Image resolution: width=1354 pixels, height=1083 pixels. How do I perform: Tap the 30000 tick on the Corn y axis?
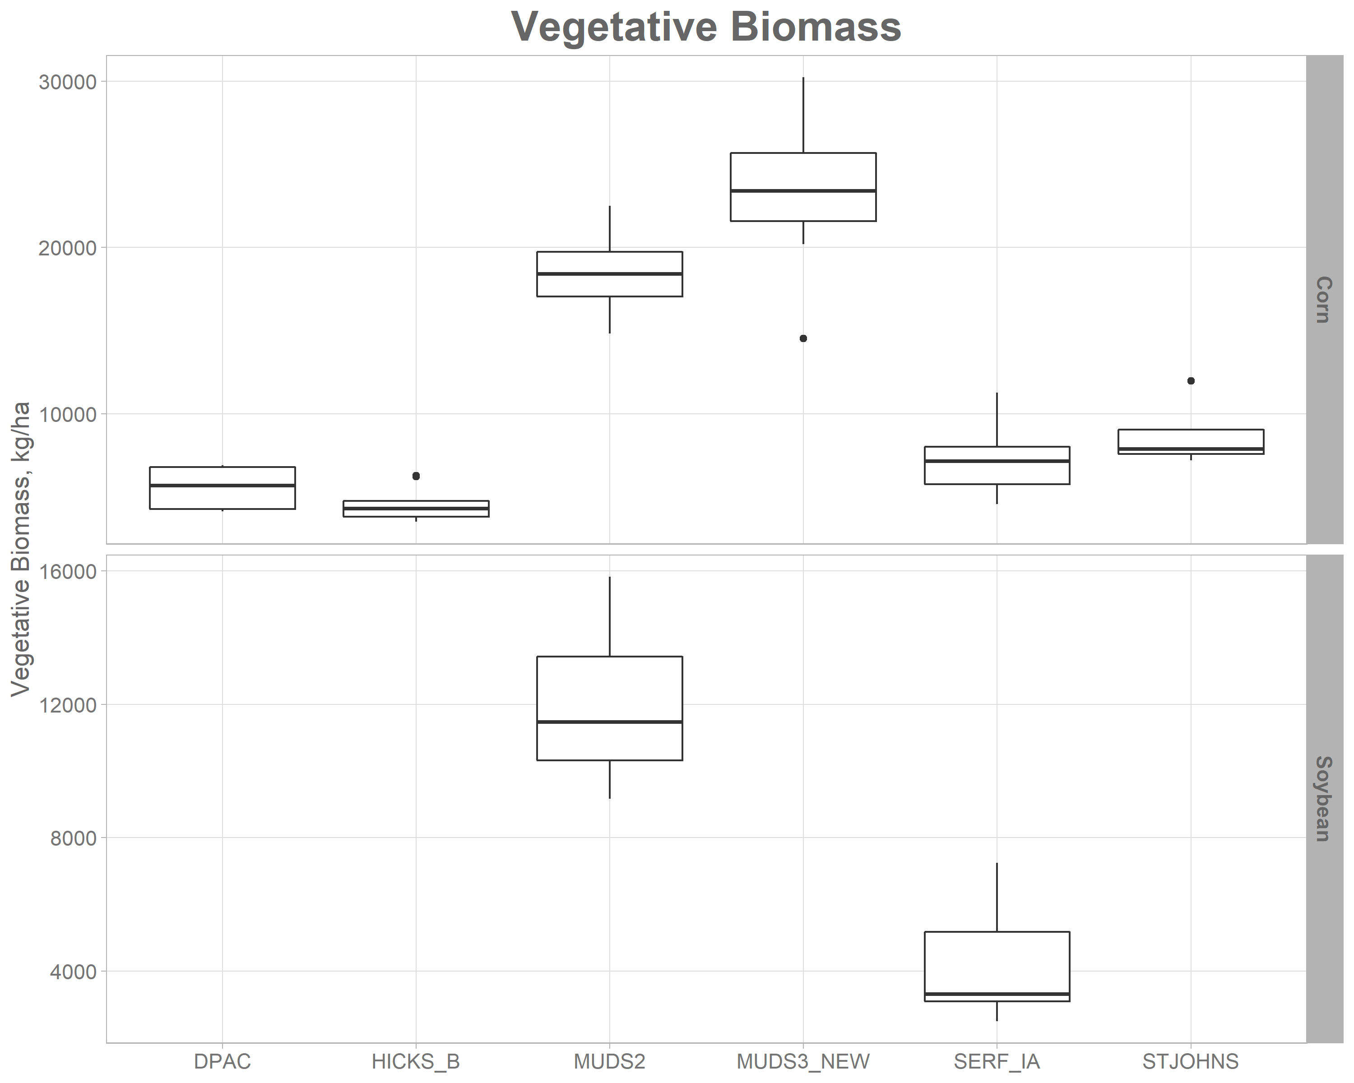click(x=67, y=82)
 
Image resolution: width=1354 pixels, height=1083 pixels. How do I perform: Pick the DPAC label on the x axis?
click(x=223, y=1062)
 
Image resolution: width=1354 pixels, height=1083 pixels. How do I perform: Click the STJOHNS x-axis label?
click(x=1190, y=1062)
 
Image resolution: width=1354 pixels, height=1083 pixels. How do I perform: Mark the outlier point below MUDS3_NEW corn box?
click(x=803, y=338)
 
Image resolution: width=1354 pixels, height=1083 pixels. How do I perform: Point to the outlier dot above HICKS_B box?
click(x=416, y=476)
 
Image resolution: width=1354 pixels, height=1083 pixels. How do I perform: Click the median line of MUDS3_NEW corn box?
click(x=803, y=190)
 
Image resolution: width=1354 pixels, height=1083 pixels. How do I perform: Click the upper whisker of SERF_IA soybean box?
click(x=997, y=898)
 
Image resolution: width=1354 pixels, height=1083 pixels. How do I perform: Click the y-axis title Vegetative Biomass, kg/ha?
click(x=21, y=549)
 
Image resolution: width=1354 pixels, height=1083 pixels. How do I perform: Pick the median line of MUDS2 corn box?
click(x=609, y=274)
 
